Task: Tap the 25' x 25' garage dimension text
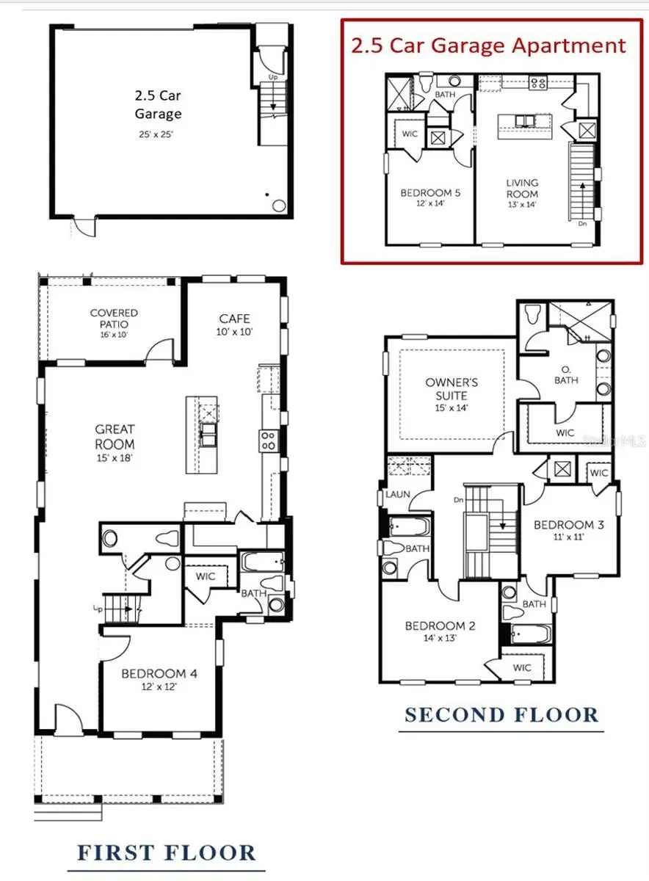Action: pos(158,134)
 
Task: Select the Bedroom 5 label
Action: pos(430,193)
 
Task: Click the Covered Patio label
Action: pos(114,318)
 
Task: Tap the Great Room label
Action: pos(115,437)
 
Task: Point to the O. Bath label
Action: pos(565,375)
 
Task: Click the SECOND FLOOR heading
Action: pos(502,714)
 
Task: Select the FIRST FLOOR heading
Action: pos(167,853)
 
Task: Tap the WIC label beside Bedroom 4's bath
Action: pos(206,576)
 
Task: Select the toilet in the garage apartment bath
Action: pos(426,81)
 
